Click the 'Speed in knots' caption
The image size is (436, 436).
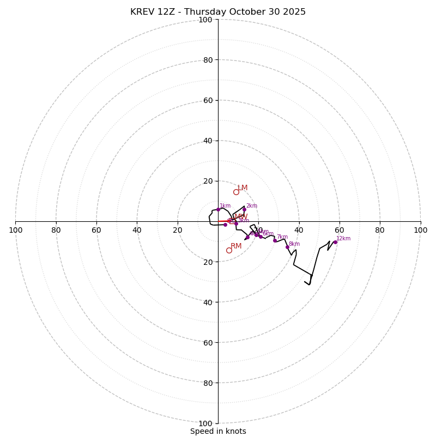[x=218, y=431]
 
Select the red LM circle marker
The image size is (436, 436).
[x=236, y=192]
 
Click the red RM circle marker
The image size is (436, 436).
[x=229, y=250]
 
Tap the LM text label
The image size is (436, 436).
[x=243, y=188]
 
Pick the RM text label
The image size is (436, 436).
[x=236, y=246]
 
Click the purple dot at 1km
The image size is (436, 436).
[x=218, y=209]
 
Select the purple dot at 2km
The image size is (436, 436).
[x=244, y=209]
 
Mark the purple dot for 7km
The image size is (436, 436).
[x=275, y=240]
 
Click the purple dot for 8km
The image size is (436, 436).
[x=287, y=247]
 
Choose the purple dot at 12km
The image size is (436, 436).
[x=335, y=242]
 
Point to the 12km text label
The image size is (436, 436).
[x=343, y=238]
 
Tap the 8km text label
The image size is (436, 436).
[x=294, y=244]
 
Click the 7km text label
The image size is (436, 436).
[x=282, y=237]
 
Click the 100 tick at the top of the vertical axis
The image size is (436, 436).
[x=205, y=20]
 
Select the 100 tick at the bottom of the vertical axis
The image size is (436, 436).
[x=205, y=423]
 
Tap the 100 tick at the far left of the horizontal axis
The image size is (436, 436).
[x=15, y=230]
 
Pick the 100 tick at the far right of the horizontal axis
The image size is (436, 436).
[x=421, y=230]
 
